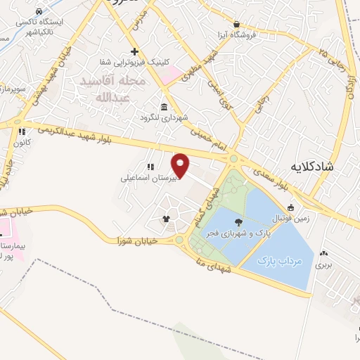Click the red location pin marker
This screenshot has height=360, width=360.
180,165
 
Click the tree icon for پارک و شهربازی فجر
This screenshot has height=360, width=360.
240,222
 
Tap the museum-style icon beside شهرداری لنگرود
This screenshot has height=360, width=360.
164,107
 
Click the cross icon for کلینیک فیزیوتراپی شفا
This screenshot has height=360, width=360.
134,52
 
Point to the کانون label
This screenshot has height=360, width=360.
19,142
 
